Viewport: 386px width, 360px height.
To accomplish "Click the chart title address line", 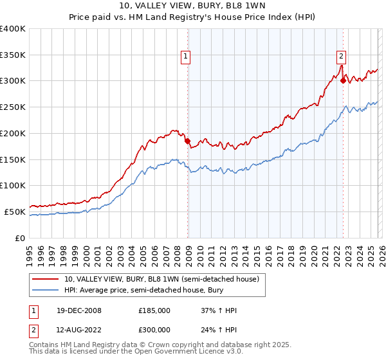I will pos(192,7).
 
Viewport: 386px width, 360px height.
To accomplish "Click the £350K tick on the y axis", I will pos(13,55).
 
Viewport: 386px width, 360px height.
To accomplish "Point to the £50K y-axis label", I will pos(15,212).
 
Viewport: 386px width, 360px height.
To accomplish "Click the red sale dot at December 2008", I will pos(187,141).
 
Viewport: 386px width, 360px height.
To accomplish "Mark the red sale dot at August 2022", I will pos(343,80).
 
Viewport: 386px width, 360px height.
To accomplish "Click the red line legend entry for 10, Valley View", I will pos(161,279).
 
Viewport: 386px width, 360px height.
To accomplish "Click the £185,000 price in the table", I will pos(154,310).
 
